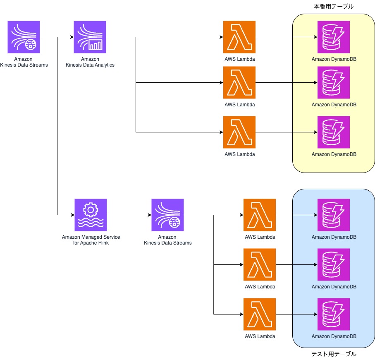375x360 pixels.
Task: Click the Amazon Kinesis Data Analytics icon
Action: (x=90, y=37)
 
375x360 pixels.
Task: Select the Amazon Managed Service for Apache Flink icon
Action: (x=91, y=215)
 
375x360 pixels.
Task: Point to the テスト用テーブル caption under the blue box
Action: (x=333, y=354)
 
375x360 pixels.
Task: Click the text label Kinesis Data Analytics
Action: (x=90, y=65)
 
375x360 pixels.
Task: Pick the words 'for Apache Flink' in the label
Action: (x=91, y=243)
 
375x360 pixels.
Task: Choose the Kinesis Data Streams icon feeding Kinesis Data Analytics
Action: (x=24, y=37)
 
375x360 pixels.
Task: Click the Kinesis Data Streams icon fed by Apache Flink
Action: (x=167, y=215)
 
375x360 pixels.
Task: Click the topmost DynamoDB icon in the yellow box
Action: (x=334, y=37)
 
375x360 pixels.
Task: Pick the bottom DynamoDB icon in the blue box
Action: (x=334, y=314)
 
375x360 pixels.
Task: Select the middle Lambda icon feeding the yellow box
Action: (x=239, y=83)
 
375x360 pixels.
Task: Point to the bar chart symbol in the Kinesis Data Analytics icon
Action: (x=96, y=45)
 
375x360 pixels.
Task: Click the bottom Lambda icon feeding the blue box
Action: (x=260, y=314)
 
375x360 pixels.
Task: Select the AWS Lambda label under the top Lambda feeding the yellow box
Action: (x=240, y=59)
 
